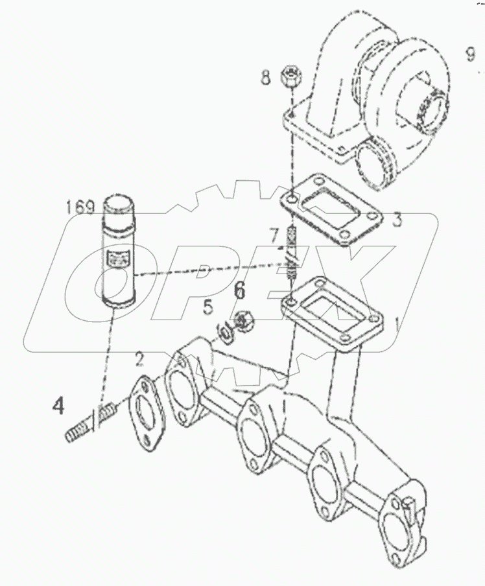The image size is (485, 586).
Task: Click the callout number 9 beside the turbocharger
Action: (x=470, y=55)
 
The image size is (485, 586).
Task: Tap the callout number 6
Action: (x=239, y=290)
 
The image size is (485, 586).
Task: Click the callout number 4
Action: (x=58, y=406)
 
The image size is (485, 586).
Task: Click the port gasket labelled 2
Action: (x=146, y=415)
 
